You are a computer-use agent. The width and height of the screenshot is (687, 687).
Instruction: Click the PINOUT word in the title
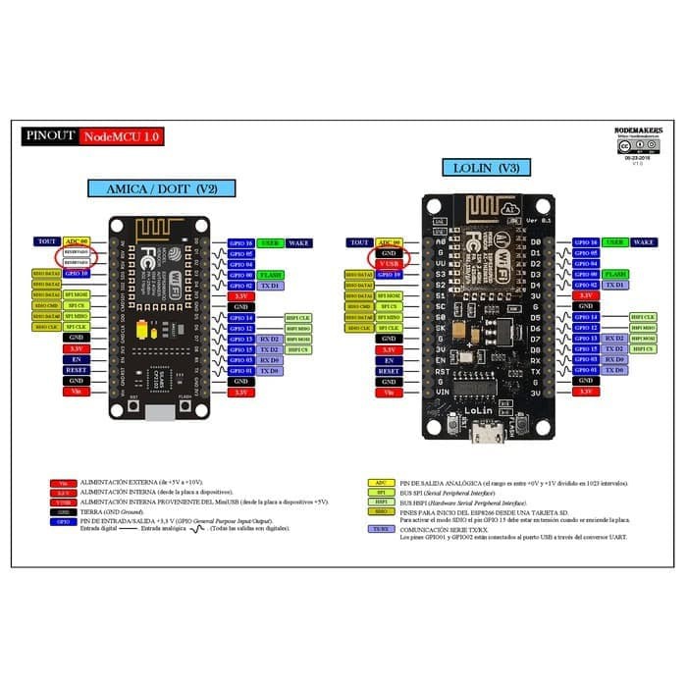click(x=50, y=136)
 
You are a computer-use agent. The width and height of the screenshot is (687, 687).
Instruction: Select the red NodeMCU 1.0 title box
click(x=121, y=136)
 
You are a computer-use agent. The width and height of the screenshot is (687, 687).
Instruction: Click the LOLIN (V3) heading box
click(x=487, y=168)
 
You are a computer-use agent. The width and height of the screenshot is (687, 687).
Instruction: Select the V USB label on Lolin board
click(x=390, y=263)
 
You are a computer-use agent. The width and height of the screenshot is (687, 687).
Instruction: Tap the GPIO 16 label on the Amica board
click(x=241, y=242)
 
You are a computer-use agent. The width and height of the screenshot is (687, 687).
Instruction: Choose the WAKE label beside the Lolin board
click(x=644, y=241)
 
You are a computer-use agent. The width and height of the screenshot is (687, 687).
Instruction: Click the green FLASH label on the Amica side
click(x=272, y=275)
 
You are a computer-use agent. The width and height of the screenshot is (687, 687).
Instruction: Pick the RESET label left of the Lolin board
click(x=390, y=371)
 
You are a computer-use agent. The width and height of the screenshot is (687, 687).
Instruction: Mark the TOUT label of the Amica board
click(x=46, y=241)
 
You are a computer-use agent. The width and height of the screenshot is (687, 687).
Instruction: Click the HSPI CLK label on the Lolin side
click(x=644, y=317)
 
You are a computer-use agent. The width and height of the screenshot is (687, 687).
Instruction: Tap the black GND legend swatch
click(x=63, y=512)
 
